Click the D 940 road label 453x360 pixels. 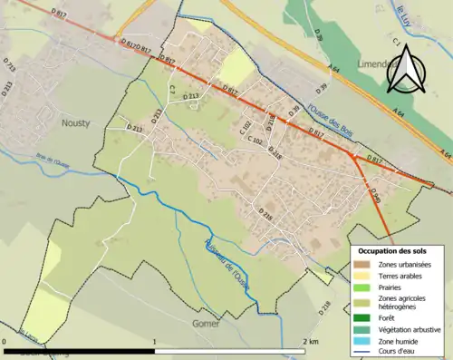(x=374, y=193)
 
